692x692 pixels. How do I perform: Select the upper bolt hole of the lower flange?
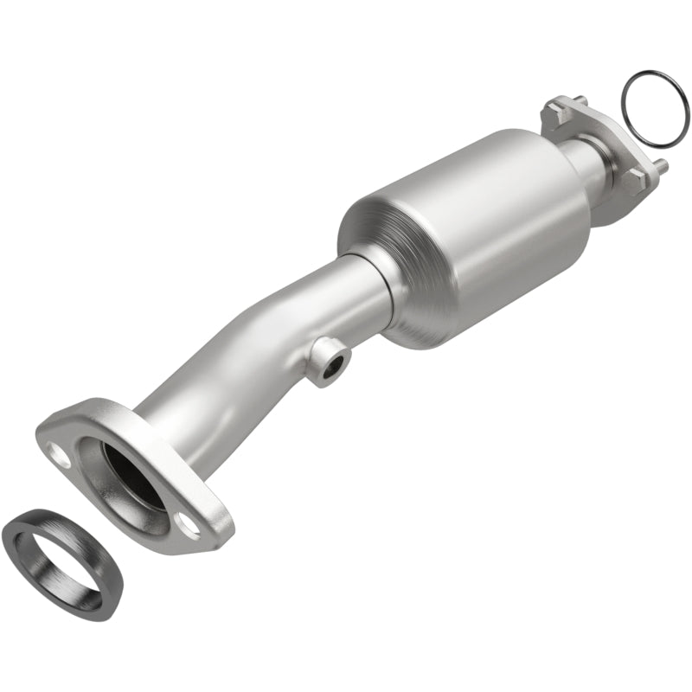[x=61, y=450]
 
